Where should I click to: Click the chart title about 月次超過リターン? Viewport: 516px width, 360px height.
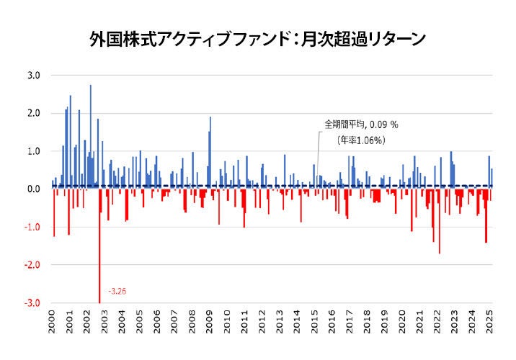point(257,38)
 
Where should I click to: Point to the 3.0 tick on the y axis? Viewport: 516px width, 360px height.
point(34,76)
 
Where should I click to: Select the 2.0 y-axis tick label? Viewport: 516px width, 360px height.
point(34,114)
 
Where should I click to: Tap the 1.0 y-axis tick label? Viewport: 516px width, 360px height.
point(34,152)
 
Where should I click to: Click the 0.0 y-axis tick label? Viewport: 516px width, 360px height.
point(34,189)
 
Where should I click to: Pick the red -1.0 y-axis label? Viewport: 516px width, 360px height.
point(32,228)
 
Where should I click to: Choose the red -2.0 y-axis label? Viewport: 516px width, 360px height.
point(32,266)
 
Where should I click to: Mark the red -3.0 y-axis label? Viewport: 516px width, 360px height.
point(32,303)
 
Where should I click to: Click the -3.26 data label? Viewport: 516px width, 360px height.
point(116,292)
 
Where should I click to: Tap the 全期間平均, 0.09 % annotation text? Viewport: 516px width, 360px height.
point(360,125)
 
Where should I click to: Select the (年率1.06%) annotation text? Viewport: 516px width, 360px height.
point(360,140)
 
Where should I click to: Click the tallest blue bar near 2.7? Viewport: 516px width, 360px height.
point(91,137)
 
